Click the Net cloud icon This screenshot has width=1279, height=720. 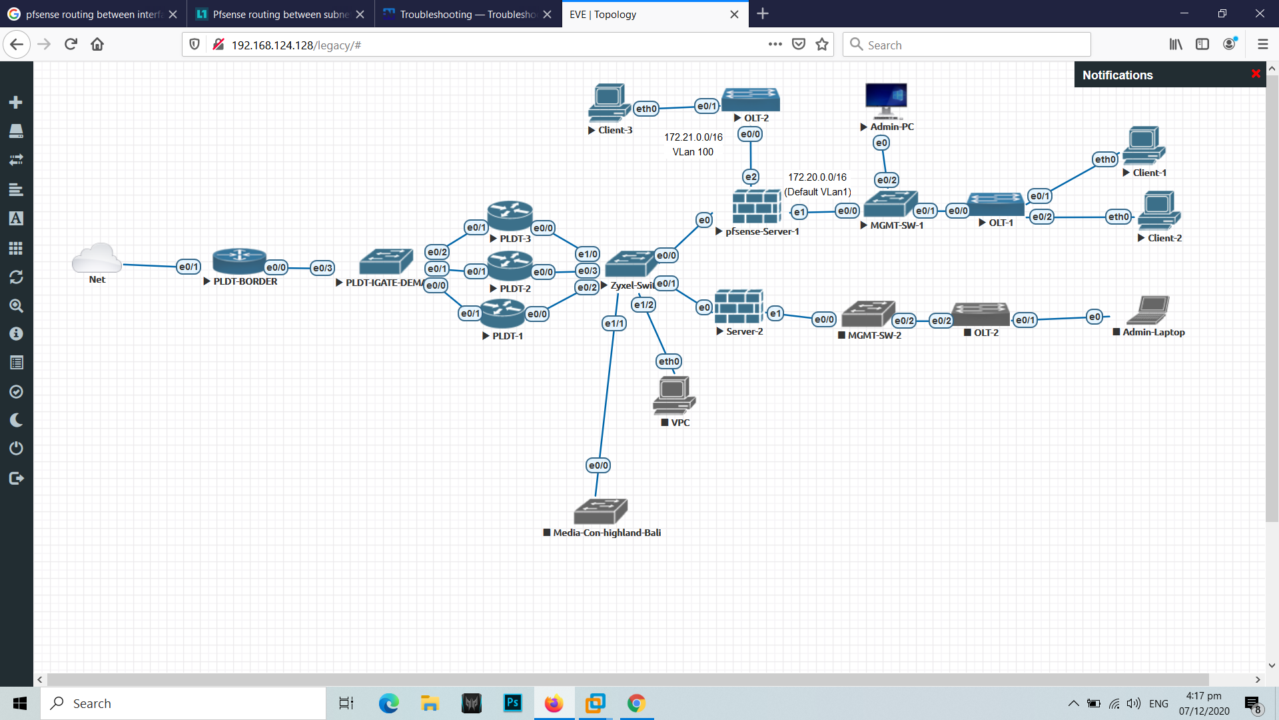97,257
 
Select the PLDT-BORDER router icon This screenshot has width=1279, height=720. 239,261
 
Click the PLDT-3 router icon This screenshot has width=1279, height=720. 510,215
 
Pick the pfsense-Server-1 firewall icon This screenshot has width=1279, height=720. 756,207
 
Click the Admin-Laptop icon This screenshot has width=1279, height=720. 1148,310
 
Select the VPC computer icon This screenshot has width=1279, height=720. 674,395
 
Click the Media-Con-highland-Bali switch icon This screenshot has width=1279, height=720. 600,511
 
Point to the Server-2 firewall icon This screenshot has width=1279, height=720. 739,307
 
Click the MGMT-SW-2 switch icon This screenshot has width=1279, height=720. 868,314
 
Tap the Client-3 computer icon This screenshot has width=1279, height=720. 609,103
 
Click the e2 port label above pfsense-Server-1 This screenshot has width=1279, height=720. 751,177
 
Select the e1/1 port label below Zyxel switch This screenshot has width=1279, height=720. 614,323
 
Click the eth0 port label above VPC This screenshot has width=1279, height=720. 669,361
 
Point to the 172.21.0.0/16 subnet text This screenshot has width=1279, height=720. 693,137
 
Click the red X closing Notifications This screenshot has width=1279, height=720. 1256,74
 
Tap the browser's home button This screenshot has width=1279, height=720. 97,45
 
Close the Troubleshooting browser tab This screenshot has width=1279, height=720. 548,14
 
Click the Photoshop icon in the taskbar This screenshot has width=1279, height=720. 512,703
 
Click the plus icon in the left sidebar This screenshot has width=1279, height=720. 16,102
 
